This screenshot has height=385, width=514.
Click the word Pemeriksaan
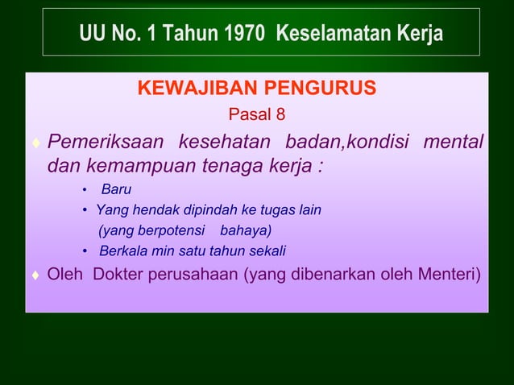point(106,143)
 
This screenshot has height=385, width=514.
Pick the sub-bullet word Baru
point(115,190)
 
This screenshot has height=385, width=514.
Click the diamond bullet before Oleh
point(35,276)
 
